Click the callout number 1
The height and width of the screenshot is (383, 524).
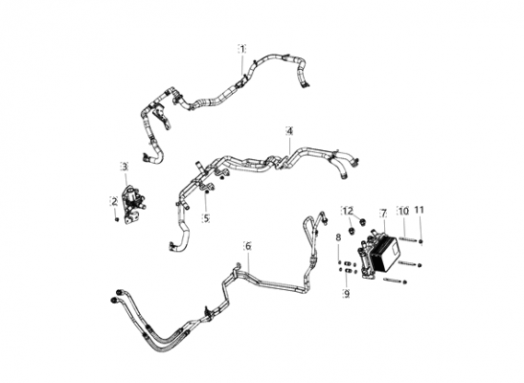click(x=242, y=49)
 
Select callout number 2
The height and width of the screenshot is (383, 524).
click(x=115, y=201)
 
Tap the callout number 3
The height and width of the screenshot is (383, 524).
click(x=125, y=167)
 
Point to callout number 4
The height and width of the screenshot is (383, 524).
click(x=289, y=131)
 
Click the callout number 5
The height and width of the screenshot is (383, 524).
click(x=206, y=218)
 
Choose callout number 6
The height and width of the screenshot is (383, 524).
click(x=248, y=246)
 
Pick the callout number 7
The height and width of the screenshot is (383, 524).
click(x=383, y=213)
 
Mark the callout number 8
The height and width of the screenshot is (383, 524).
click(x=338, y=237)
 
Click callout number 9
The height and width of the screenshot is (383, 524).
click(x=346, y=294)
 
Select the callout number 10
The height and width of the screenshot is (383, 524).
click(x=403, y=211)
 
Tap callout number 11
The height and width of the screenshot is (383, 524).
click(x=419, y=210)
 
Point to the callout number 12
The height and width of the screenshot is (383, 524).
click(x=348, y=211)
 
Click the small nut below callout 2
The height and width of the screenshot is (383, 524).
click(x=116, y=219)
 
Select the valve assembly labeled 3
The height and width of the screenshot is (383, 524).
click(x=132, y=204)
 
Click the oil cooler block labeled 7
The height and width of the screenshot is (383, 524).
click(x=379, y=254)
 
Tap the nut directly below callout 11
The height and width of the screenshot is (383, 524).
click(x=421, y=241)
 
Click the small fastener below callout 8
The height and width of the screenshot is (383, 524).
click(x=339, y=262)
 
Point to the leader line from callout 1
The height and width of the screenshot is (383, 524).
click(x=242, y=64)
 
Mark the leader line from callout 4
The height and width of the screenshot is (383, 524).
click(x=289, y=146)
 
